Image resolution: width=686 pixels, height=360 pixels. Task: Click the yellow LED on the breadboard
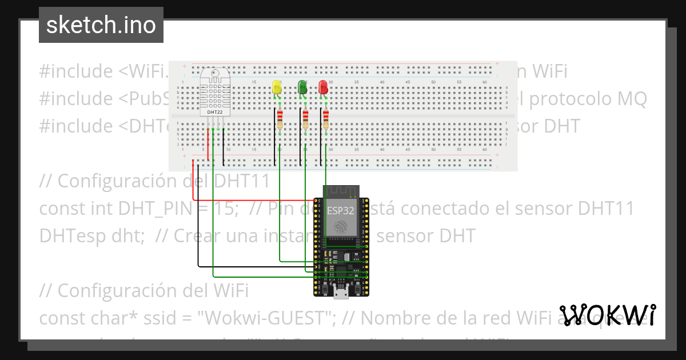coord(277,87)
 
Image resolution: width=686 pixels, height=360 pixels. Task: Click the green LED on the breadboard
coord(302,87)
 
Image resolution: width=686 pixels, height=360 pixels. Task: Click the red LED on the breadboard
coord(323,87)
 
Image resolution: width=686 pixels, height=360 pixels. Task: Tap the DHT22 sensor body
coord(215,91)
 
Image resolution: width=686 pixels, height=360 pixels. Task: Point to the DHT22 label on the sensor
coord(215,113)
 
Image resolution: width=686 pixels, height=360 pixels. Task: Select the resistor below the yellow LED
coord(280,119)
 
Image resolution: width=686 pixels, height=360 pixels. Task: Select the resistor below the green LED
coord(305,119)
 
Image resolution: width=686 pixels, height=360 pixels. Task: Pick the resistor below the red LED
coord(326,119)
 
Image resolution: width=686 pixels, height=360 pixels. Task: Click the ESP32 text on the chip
coord(341,210)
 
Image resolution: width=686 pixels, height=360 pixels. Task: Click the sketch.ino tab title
coord(101,25)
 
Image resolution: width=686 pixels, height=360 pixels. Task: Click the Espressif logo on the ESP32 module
coord(341,227)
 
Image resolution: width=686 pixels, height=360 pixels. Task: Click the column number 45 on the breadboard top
coord(408,83)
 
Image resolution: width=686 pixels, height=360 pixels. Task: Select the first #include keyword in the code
coord(76,71)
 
